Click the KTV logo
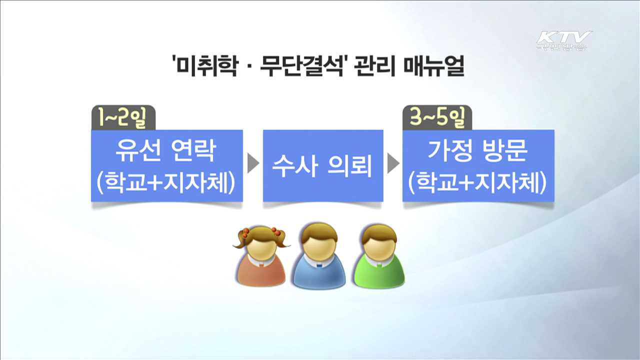point(563,40)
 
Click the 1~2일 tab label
point(123,118)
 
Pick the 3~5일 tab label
point(436,118)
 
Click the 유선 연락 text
point(166,151)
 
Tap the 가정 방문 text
point(477,151)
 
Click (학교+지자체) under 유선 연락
point(166,183)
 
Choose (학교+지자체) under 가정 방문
point(477,183)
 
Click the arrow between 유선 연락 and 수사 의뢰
point(253,164)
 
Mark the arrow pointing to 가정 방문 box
point(393,164)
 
